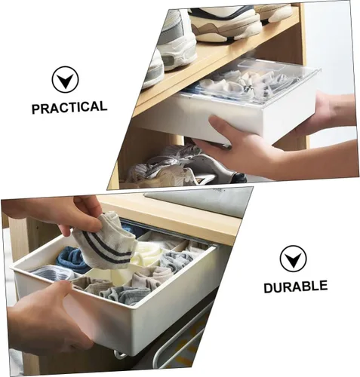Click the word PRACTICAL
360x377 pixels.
pos(69,107)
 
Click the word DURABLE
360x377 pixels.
pos(296,287)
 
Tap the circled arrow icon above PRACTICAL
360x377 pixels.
pos(65,79)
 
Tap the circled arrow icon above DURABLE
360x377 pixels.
pos(293,259)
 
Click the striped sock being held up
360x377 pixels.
pos(106,244)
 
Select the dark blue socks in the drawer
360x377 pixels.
pos(72,259)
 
